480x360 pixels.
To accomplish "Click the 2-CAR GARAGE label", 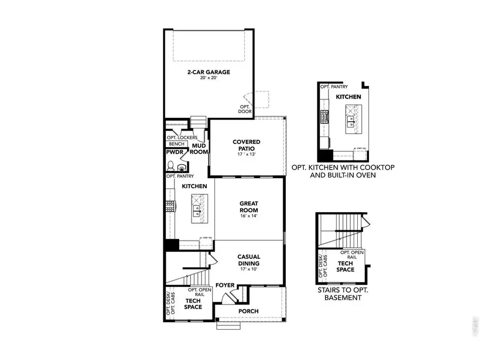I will [209, 72].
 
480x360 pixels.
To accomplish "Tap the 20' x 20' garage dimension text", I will [209, 78].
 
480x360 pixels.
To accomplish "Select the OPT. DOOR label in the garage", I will [245, 109].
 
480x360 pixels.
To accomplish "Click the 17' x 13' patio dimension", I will [246, 155].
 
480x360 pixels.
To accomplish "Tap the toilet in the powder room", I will [171, 166].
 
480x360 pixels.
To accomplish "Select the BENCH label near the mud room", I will [177, 144].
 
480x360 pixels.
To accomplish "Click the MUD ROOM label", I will [199, 148].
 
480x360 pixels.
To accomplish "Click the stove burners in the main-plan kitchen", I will [171, 206].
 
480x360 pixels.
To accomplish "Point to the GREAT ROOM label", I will [249, 206].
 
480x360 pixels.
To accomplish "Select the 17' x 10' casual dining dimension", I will [249, 269].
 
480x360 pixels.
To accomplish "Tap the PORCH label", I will [249, 311].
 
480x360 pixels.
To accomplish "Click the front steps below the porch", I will [225, 326].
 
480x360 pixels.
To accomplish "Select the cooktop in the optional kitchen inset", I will [324, 117].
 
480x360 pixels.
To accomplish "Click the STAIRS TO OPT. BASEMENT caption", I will [343, 294].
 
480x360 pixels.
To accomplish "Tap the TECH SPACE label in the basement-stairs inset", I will [346, 267].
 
